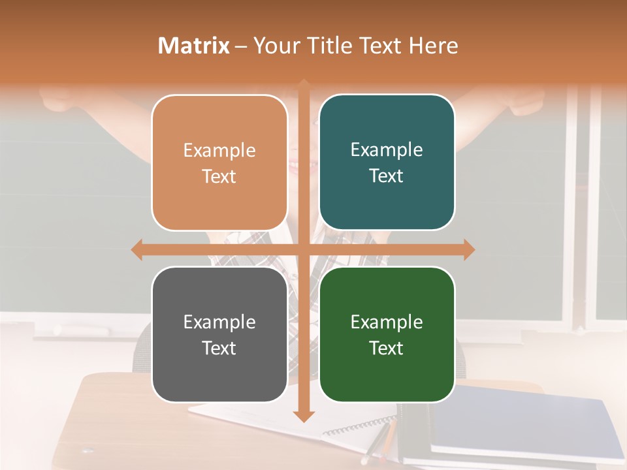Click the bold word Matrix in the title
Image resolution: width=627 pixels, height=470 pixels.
194,46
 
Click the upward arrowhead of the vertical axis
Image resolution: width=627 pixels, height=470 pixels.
303,85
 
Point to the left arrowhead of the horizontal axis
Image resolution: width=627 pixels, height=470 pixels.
137,249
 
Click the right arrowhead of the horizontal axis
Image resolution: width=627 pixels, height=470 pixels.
468,249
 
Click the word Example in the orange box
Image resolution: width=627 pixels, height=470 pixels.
219,150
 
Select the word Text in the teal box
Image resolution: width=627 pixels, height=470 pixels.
387,176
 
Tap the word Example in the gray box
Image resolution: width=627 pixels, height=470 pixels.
219,322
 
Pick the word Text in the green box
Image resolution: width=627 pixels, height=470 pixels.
387,348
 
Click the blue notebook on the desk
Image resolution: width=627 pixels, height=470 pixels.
522,424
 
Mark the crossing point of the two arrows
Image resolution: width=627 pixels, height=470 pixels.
303,249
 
